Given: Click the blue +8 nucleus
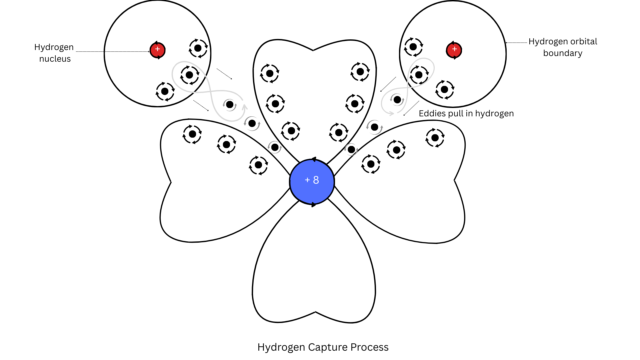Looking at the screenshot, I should click(x=312, y=182).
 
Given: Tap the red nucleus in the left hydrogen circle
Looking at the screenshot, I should click(x=157, y=50).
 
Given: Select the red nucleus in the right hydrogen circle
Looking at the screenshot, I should click(x=454, y=50).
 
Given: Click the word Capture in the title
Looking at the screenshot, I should click(x=328, y=347).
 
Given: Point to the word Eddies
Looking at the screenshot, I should click(x=432, y=113).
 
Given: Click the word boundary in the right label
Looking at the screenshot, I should click(x=563, y=53).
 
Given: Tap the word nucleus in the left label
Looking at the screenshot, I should click(x=55, y=59).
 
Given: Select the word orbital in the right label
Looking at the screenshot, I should click(x=584, y=42).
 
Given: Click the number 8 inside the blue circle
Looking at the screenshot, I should click(x=316, y=180).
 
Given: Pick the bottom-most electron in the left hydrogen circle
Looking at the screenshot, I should click(x=165, y=91).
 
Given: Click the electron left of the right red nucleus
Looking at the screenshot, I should click(x=413, y=47).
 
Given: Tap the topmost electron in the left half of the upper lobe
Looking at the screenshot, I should click(x=270, y=73).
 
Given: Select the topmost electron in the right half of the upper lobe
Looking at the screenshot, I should click(x=360, y=72).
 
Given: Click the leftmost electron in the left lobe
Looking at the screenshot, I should click(x=192, y=134).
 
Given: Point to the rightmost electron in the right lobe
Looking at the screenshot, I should click(x=435, y=138).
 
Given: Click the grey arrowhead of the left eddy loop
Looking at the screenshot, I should click(x=245, y=107).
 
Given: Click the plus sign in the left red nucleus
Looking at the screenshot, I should click(x=157, y=49).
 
